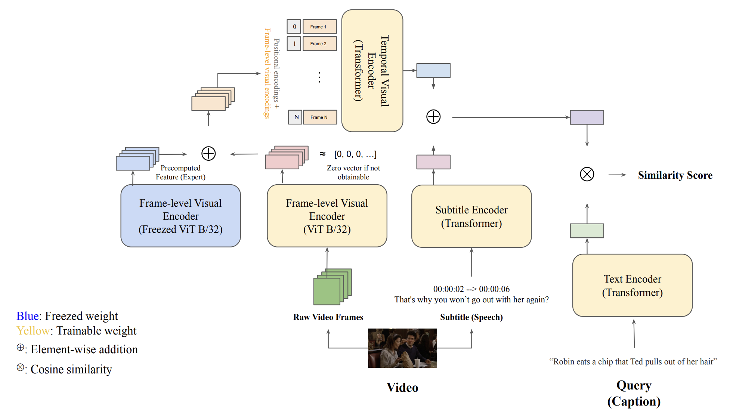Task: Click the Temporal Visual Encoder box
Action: tap(372, 71)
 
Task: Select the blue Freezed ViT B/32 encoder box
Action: tap(180, 216)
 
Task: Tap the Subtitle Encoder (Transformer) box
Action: tap(471, 216)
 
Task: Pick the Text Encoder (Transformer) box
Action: tap(632, 286)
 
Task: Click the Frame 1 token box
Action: tap(319, 27)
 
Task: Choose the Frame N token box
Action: tap(320, 117)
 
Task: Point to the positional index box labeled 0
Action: tap(294, 27)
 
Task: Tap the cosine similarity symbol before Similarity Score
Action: tap(587, 174)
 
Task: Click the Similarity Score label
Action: tap(675, 175)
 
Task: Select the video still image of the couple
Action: tap(402, 348)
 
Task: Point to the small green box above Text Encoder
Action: tap(587, 231)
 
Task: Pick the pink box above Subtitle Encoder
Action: tap(433, 162)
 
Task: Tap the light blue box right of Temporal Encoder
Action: tap(433, 70)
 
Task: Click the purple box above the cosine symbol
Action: tap(587, 117)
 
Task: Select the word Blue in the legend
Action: tap(28, 316)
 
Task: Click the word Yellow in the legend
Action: tap(33, 331)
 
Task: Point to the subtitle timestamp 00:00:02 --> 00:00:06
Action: tap(471, 289)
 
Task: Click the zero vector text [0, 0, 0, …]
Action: tap(355, 154)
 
